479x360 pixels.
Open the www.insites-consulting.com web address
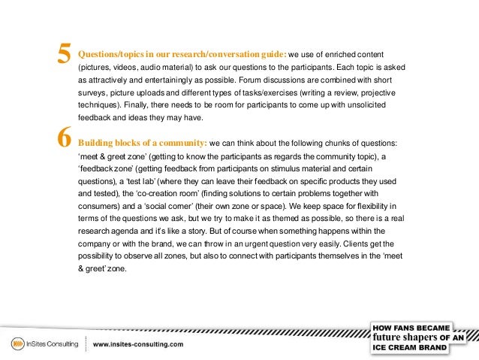coord(138,345)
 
